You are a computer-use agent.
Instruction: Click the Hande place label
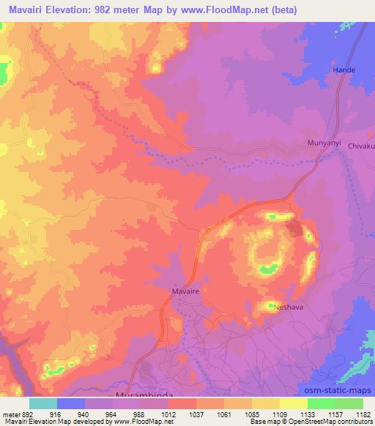344,70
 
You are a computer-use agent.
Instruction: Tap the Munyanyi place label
323,143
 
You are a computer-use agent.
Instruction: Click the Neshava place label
288,308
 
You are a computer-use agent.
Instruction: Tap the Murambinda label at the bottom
144,395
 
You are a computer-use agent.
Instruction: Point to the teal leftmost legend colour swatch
43,403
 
